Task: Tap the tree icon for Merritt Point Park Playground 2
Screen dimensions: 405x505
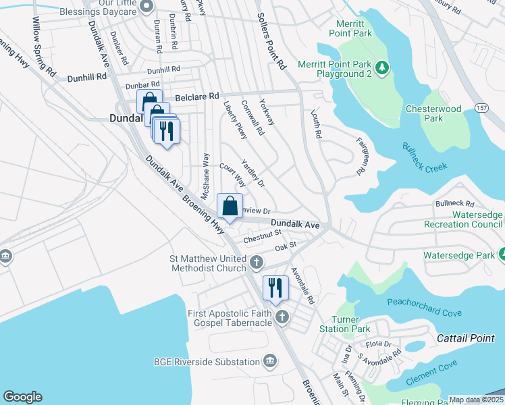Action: point(383,67)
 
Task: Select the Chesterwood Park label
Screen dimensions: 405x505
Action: point(433,113)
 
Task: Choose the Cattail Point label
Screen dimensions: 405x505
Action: point(464,337)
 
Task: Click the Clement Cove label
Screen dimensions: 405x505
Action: point(432,375)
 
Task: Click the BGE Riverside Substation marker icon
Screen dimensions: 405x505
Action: point(271,361)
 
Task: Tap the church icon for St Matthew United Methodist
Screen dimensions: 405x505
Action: point(256,262)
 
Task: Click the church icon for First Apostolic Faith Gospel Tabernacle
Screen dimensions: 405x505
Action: point(282,316)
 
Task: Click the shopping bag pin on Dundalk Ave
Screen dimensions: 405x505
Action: point(230,206)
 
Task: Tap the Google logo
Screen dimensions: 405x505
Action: point(22,397)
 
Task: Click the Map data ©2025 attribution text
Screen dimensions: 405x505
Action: point(476,400)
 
